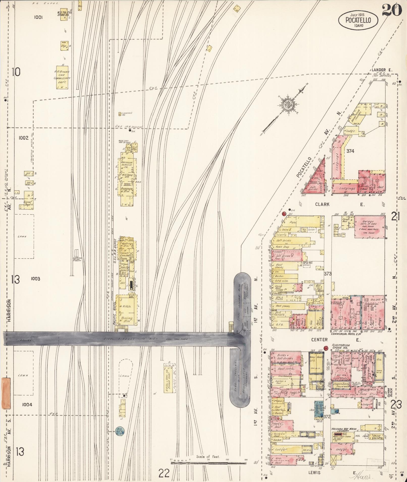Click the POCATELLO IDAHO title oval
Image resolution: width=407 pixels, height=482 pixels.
(358, 20)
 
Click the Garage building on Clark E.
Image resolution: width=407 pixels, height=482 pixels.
(369, 226)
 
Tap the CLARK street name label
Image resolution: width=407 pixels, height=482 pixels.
(322, 204)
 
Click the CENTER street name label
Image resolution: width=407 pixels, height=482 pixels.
(319, 340)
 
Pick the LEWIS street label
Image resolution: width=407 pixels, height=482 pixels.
(314, 473)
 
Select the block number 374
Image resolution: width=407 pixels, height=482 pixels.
(350, 151)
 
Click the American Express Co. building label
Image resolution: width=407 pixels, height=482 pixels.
(128, 165)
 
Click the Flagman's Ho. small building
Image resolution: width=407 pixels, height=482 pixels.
(120, 114)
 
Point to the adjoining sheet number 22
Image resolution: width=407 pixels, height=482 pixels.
(164, 473)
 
